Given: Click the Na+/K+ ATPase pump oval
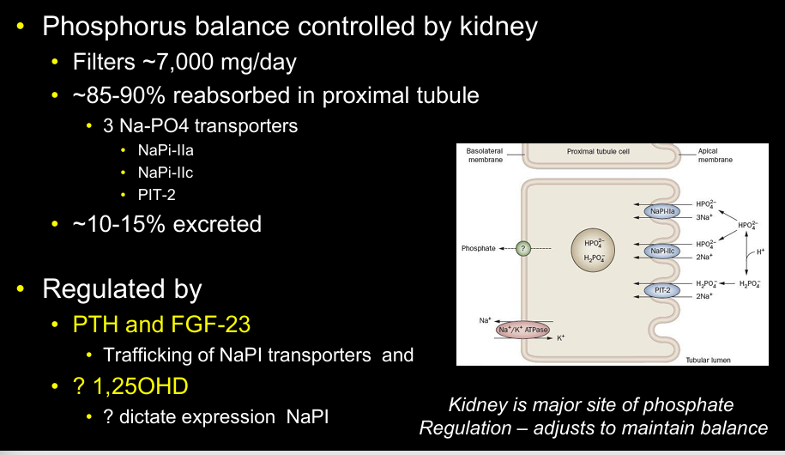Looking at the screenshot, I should [524, 329].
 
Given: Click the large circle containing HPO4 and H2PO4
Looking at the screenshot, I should [595, 249].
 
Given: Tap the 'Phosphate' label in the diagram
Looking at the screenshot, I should [479, 248].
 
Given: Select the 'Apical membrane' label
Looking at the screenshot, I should [713, 155].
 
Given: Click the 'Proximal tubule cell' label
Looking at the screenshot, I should [599, 151].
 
